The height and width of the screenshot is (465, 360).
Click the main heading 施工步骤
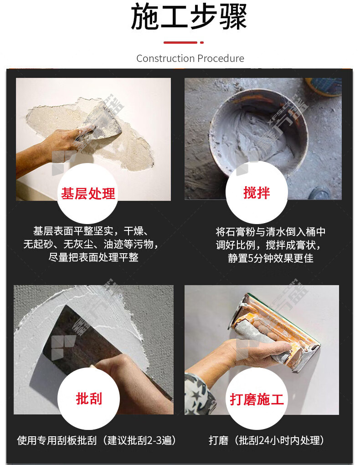pyautogui.click(x=189, y=16)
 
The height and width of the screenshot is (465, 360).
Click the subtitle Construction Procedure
pyautogui.click(x=190, y=58)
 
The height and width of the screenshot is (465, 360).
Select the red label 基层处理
pyautogui.click(x=88, y=194)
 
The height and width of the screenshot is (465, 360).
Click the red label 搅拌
pyautogui.click(x=257, y=193)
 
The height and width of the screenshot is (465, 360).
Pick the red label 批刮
pyautogui.click(x=89, y=399)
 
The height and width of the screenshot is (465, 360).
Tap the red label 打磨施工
pyautogui.click(x=257, y=399)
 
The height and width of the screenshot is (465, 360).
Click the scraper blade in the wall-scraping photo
pyautogui.click(x=103, y=121)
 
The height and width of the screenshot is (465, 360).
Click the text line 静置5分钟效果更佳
pyautogui.click(x=270, y=258)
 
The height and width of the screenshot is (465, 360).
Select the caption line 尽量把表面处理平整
pyautogui.click(x=93, y=257)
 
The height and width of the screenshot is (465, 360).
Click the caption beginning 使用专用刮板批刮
pyautogui.click(x=97, y=440)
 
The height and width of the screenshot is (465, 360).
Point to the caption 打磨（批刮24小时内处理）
pyautogui.click(x=266, y=440)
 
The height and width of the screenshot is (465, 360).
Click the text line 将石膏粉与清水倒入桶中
pyautogui.click(x=270, y=232)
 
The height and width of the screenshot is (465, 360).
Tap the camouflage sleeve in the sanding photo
pyautogui.click(x=200, y=394)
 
